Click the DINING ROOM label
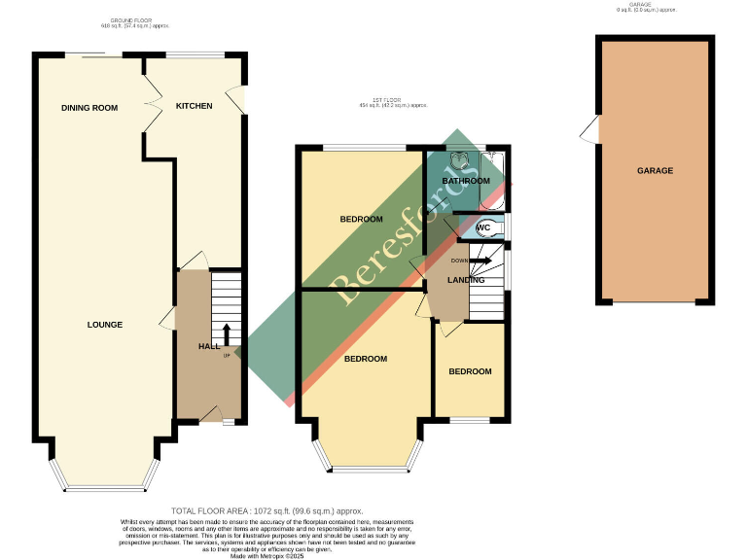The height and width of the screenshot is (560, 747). [89, 107]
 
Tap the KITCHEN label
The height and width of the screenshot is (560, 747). [194, 105]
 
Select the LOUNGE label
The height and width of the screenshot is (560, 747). [104, 324]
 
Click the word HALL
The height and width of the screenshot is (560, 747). [209, 346]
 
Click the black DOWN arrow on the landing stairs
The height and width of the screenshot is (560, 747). [480, 261]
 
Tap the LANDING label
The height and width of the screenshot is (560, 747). [466, 280]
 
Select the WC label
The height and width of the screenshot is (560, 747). [482, 227]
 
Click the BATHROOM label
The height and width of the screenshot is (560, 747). [466, 181]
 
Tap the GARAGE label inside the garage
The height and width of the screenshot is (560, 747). [655, 170]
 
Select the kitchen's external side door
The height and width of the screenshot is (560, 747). [234, 98]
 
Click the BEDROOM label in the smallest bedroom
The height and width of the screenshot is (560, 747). [470, 371]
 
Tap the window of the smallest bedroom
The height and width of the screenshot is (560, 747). [470, 420]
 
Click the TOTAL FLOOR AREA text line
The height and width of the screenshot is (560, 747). [267, 510]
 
